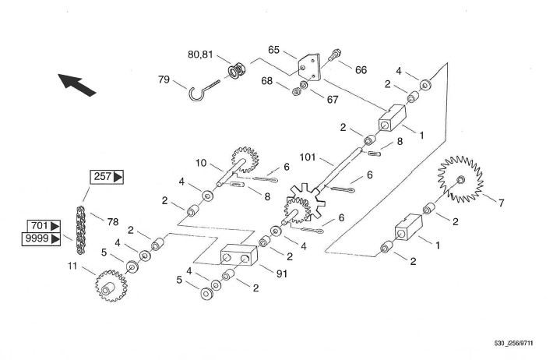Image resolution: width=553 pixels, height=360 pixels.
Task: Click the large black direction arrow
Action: [x=76, y=84]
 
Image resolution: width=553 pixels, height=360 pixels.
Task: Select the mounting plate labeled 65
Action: [x=309, y=68]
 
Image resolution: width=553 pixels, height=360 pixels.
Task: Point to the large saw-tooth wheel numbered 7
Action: [x=460, y=180]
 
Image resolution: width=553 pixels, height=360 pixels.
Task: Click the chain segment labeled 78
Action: [x=81, y=230]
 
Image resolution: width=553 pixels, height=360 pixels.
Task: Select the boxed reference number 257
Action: [x=107, y=176]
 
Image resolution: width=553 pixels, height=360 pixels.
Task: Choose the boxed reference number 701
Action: [x=44, y=226]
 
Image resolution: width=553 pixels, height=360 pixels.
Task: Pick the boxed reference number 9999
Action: [x=41, y=239]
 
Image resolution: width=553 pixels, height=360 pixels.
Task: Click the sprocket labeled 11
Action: [x=111, y=286]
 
